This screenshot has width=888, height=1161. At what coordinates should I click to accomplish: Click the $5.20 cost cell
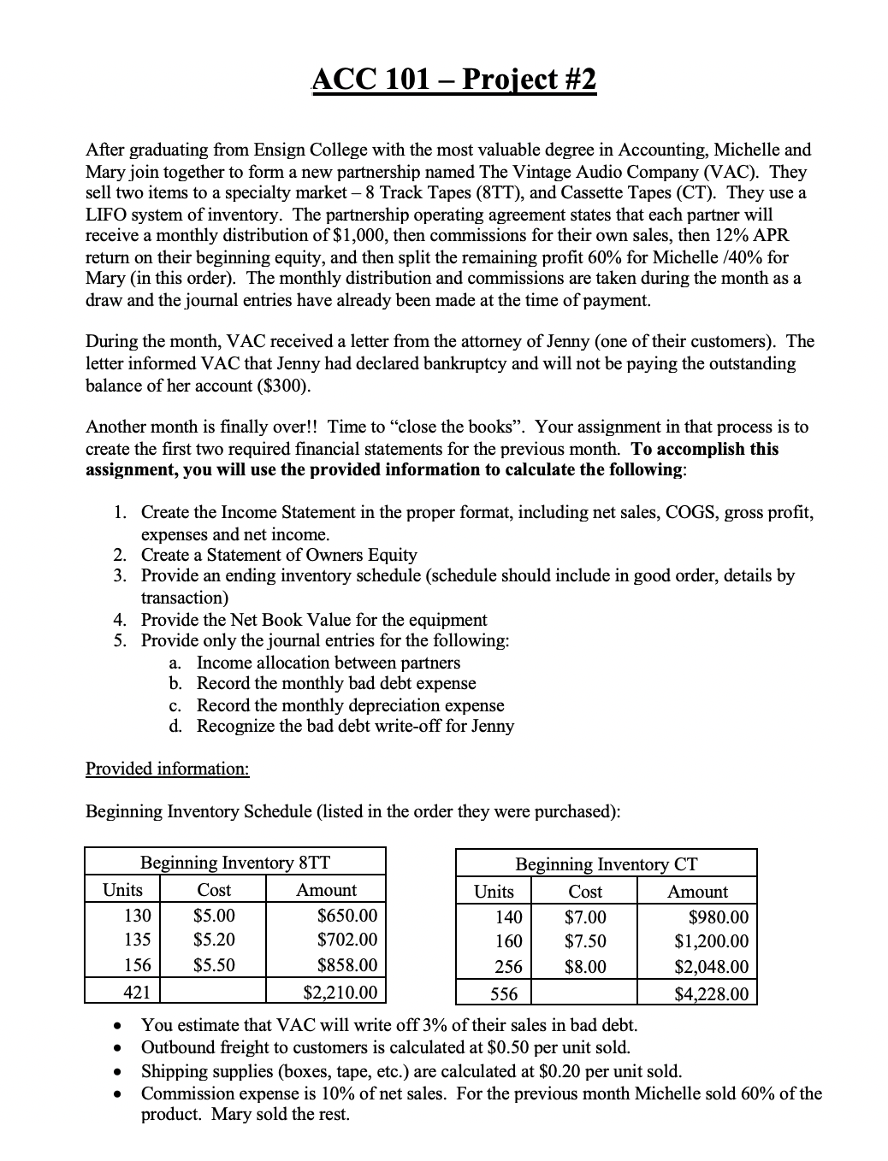(214, 940)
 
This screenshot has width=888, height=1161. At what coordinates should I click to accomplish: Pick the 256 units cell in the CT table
(508, 967)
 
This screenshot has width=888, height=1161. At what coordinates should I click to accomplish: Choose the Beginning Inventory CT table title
(606, 863)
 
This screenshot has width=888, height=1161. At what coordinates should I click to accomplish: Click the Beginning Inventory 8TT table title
(235, 862)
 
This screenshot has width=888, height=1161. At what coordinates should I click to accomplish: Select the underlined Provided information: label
(168, 768)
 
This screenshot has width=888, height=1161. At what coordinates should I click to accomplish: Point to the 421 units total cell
(137, 992)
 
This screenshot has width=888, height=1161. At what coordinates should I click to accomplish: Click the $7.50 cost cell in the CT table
(585, 941)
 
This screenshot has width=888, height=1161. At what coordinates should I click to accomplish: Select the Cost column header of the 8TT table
(214, 889)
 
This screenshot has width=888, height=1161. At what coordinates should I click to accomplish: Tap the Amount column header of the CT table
(697, 891)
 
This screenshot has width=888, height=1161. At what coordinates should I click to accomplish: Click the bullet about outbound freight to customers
(385, 1046)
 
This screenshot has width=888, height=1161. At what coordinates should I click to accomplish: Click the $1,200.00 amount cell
(711, 941)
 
